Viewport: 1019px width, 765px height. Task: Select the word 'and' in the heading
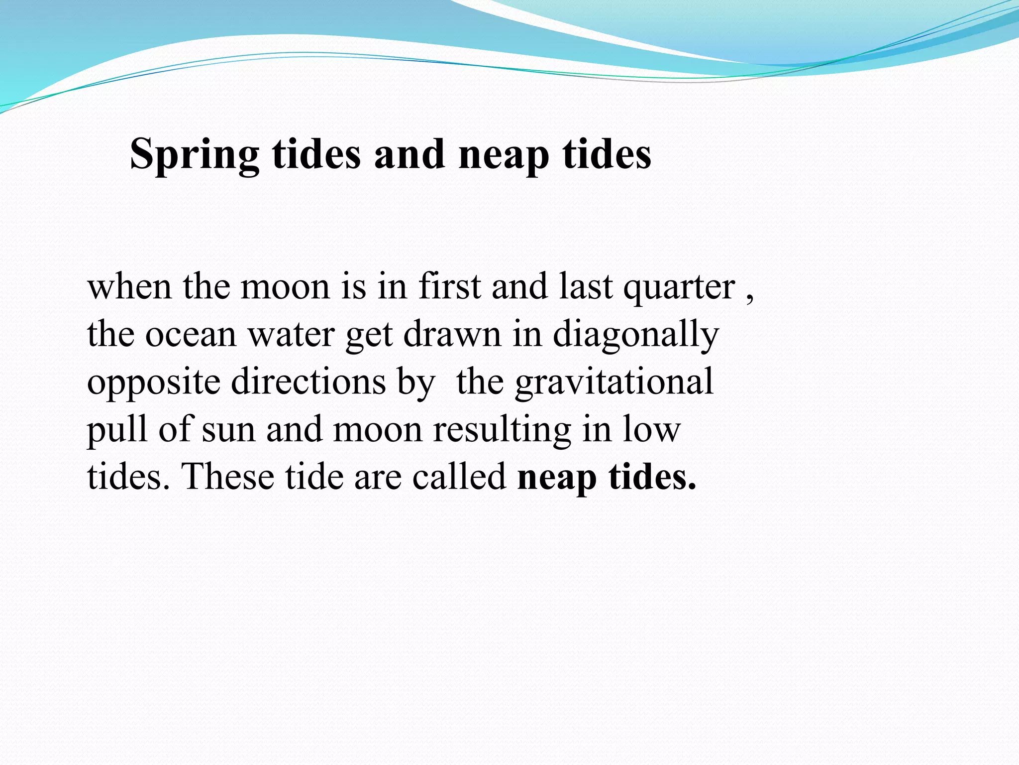tap(409, 154)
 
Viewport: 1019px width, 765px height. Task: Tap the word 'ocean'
tap(191, 335)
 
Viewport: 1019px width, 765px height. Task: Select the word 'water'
tap(291, 335)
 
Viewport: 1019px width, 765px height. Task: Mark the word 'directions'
tap(308, 382)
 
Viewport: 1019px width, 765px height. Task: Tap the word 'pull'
tap(117, 429)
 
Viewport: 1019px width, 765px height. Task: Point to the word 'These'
tap(227, 477)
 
